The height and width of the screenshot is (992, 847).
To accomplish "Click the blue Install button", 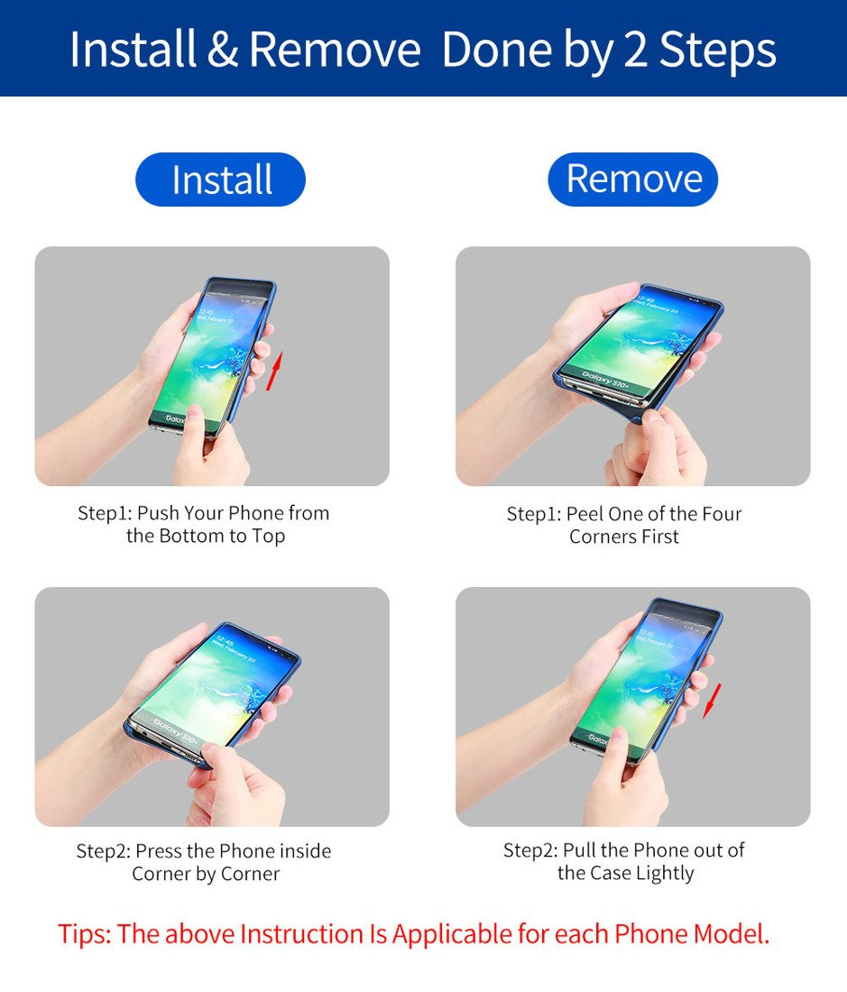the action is click(x=220, y=179).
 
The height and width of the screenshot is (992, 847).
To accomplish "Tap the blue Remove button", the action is click(x=632, y=179).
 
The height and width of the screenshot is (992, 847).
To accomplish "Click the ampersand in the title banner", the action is click(x=222, y=50).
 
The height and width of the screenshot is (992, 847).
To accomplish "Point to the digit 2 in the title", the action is click(x=636, y=50).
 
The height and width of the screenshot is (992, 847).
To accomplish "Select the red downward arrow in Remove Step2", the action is click(x=713, y=701).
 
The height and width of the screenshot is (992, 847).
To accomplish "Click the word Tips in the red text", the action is click(x=84, y=934).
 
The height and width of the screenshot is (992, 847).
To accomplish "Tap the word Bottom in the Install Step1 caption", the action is click(x=189, y=536).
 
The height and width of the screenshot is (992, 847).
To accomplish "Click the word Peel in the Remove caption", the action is click(x=585, y=514).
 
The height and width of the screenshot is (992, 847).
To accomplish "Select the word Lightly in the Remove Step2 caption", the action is click(x=665, y=874).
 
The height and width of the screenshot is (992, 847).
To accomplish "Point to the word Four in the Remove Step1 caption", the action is click(x=722, y=514).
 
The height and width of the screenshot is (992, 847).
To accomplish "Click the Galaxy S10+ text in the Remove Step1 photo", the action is click(x=605, y=380).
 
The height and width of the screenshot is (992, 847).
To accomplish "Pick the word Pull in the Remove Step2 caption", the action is click(x=579, y=850).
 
